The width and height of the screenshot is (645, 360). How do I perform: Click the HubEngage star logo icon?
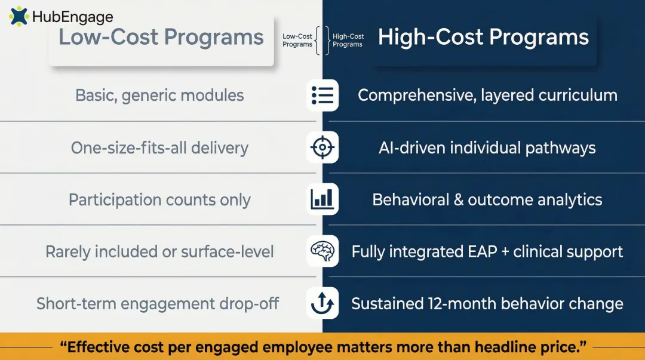(19, 16)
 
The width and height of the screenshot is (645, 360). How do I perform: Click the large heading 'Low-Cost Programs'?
(161, 37)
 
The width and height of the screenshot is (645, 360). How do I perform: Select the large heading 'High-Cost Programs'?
(483, 37)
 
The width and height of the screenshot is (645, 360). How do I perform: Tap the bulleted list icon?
(322, 96)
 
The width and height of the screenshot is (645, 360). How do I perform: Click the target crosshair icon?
(322, 147)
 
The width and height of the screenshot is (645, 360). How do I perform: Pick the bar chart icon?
(322, 199)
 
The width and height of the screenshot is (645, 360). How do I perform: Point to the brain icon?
(322, 251)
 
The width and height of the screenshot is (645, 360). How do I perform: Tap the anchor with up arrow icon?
(322, 303)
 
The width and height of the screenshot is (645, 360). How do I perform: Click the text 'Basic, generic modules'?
(159, 96)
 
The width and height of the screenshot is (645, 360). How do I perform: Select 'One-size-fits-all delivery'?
(159, 147)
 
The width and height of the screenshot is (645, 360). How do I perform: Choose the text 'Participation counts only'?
(159, 199)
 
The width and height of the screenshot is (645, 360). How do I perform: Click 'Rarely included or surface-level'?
(159, 251)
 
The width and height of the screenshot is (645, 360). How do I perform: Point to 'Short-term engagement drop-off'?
(158, 303)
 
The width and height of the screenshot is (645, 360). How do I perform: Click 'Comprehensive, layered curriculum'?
(487, 96)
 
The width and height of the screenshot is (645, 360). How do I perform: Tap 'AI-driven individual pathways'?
(487, 147)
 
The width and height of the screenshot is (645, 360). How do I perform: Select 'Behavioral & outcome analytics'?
(487, 199)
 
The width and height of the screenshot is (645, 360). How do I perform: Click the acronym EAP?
(481, 251)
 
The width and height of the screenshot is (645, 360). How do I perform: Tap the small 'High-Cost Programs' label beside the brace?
(348, 41)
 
